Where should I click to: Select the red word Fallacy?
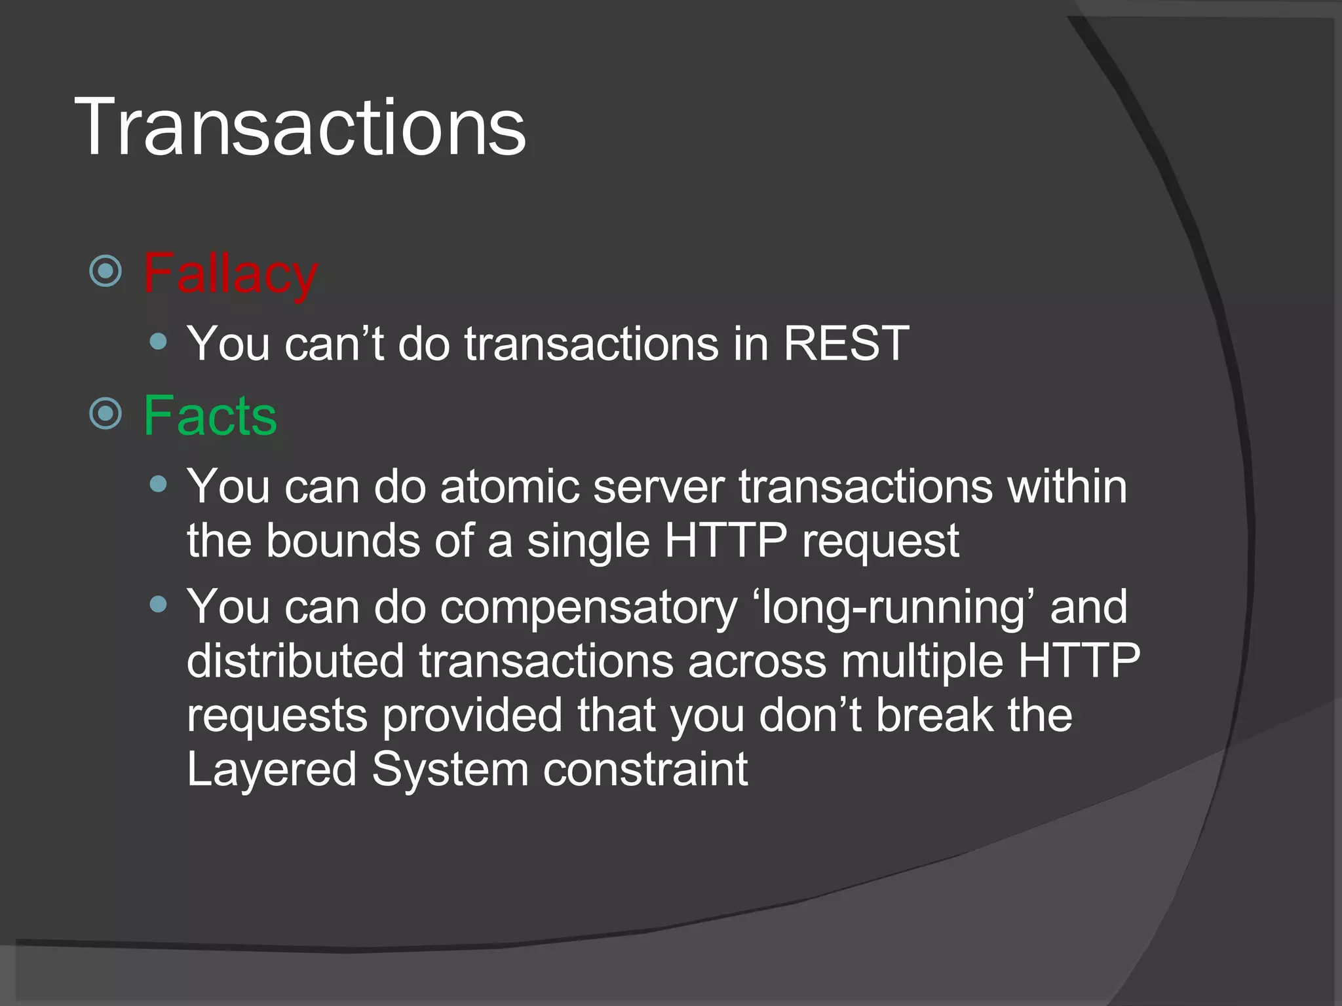pos(230,274)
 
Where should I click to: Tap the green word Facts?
pos(210,416)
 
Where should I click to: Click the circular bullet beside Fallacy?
pos(105,271)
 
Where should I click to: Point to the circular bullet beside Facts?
pos(105,414)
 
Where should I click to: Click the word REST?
pos(846,343)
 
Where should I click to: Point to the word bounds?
pos(343,541)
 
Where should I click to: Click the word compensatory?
pos(588,608)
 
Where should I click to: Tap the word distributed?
pos(296,661)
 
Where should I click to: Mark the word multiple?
pos(922,661)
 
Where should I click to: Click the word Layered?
pos(271,770)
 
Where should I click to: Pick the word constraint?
pos(645,770)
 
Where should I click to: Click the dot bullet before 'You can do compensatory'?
pos(158,604)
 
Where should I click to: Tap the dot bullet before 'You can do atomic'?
pos(158,484)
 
